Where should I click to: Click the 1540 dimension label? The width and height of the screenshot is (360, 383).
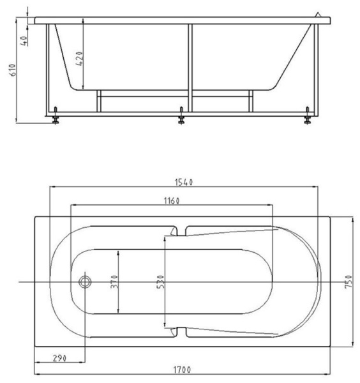[184, 182]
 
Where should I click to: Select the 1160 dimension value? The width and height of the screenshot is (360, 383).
[172, 201]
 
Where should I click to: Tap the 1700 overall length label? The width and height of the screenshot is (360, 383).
[182, 370]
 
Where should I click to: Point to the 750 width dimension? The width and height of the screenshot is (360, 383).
[349, 281]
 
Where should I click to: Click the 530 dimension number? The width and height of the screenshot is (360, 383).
[160, 282]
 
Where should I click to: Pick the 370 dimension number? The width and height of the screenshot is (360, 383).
[114, 282]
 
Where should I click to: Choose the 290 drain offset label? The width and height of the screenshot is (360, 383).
[59, 358]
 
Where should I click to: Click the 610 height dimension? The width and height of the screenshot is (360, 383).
[13, 70]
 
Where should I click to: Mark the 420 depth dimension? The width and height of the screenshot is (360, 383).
[80, 59]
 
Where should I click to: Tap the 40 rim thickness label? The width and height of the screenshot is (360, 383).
[24, 41]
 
